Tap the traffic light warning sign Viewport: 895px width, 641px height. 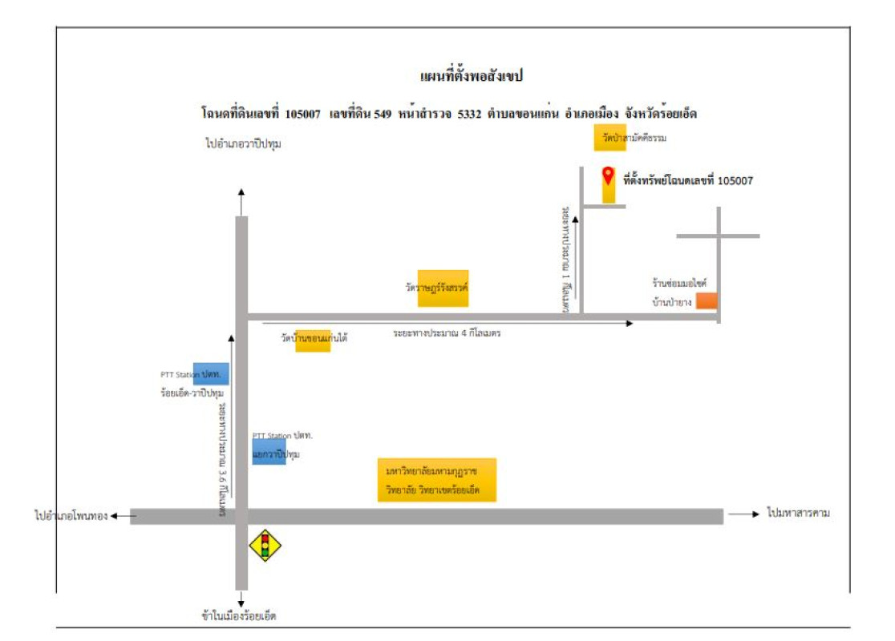tap(265, 546)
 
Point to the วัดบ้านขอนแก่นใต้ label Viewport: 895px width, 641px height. tap(314, 339)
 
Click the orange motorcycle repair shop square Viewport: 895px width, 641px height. tap(707, 301)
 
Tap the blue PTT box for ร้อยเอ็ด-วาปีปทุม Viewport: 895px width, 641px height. tap(211, 374)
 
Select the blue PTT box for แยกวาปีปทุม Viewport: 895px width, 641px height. tap(269, 452)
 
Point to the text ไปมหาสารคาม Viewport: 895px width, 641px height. tap(797, 513)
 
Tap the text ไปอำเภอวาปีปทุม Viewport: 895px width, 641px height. tap(242, 144)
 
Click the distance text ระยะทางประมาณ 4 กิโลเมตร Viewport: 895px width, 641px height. tap(447, 333)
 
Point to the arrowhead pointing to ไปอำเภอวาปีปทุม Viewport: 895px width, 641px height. tap(241, 192)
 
